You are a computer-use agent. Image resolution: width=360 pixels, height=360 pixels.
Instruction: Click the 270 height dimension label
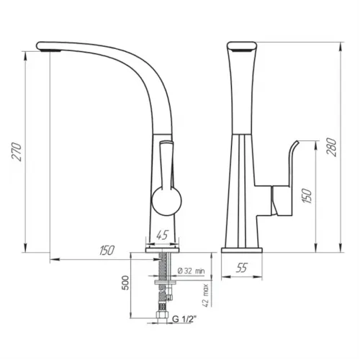(17, 152)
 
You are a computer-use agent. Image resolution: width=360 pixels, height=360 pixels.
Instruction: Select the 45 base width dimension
(163, 235)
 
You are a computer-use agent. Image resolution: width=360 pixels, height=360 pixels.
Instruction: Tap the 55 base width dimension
(241, 268)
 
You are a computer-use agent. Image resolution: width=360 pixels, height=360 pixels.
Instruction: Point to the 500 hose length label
(125, 283)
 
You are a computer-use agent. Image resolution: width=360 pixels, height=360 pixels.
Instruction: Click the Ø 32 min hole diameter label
(192, 271)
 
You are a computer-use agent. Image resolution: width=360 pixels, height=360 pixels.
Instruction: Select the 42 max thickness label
(205, 295)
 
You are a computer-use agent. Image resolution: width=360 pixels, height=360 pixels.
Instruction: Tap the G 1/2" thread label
(184, 319)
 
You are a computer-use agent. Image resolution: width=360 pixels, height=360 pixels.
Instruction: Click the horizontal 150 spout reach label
(107, 251)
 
